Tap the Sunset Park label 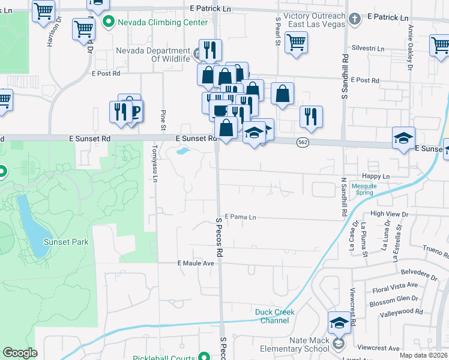(66, 242)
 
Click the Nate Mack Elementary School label (293, 344)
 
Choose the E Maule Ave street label (196, 263)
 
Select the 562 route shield (303, 142)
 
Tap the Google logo (20, 353)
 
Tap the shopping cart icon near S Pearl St (296, 43)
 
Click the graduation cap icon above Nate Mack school (339, 322)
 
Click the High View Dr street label (390, 214)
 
